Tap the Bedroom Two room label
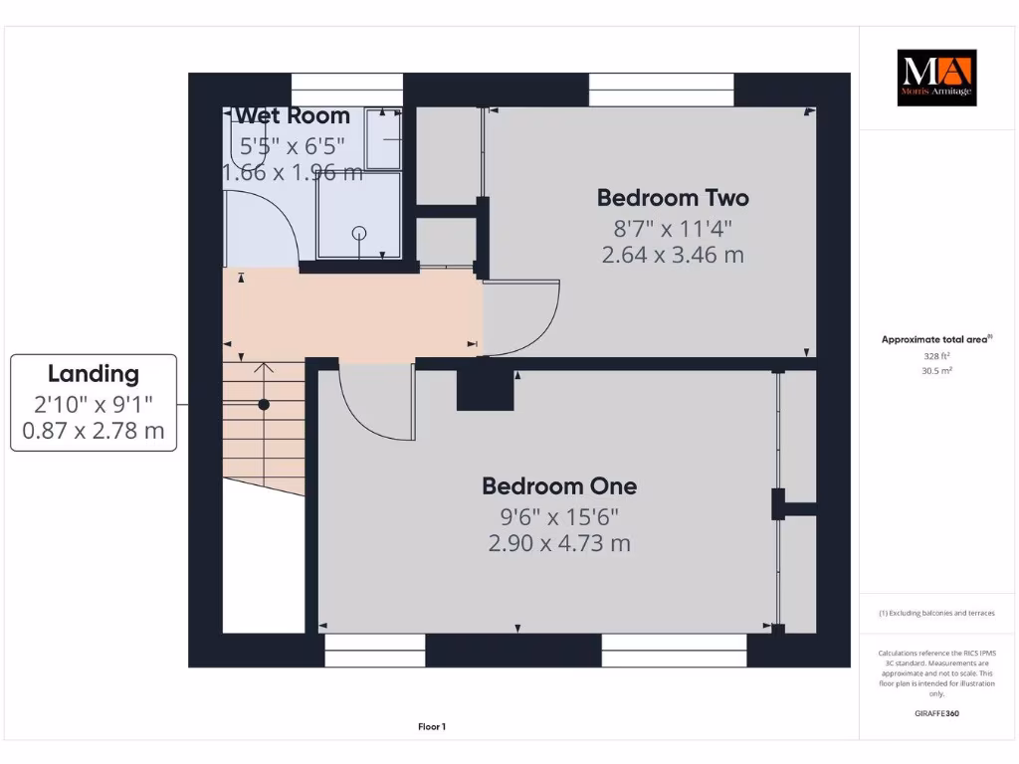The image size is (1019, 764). [673, 197]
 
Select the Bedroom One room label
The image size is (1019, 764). [559, 485]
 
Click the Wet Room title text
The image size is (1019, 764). [293, 115]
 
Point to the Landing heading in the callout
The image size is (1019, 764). [94, 374]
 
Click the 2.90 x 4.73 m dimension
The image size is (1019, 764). [559, 543]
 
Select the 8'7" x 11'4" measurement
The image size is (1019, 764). [673, 228]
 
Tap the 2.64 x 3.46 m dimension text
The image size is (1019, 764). [673, 255]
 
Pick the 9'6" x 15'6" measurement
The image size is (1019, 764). [559, 516]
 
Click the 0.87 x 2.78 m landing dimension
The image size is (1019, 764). [94, 432]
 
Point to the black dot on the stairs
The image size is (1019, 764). [264, 405]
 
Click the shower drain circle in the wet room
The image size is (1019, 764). [359, 233]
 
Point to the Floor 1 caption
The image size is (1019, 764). [431, 727]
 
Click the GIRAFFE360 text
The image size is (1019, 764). [936, 713]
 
